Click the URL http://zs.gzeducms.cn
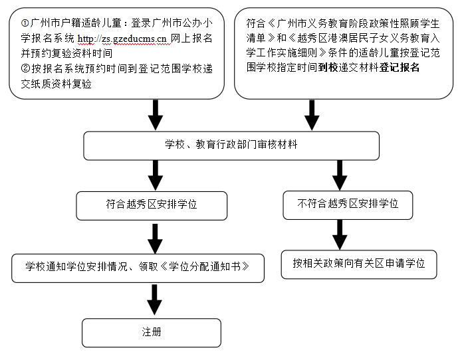tap(122, 39)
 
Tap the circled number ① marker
tap(25, 23)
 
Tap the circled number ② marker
tap(25, 68)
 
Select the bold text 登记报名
tap(400, 67)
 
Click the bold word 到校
tap(328, 67)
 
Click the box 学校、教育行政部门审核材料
tap(231, 145)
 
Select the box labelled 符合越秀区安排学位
tap(152, 206)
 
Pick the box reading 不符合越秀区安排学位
tap(348, 205)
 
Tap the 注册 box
tap(152, 333)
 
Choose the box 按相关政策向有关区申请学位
tap(359, 264)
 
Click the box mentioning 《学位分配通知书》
tap(138, 268)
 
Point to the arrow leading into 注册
tap(154, 300)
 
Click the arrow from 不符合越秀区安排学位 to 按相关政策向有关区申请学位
tap(340, 234)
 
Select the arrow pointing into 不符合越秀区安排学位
tap(340, 175)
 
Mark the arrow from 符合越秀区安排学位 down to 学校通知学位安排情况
tap(155, 238)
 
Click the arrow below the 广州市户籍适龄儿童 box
tap(156, 115)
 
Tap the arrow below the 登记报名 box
tap(312, 115)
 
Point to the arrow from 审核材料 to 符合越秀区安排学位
tap(156, 175)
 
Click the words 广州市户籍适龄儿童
tap(76, 23)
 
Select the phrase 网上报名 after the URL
tap(192, 39)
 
